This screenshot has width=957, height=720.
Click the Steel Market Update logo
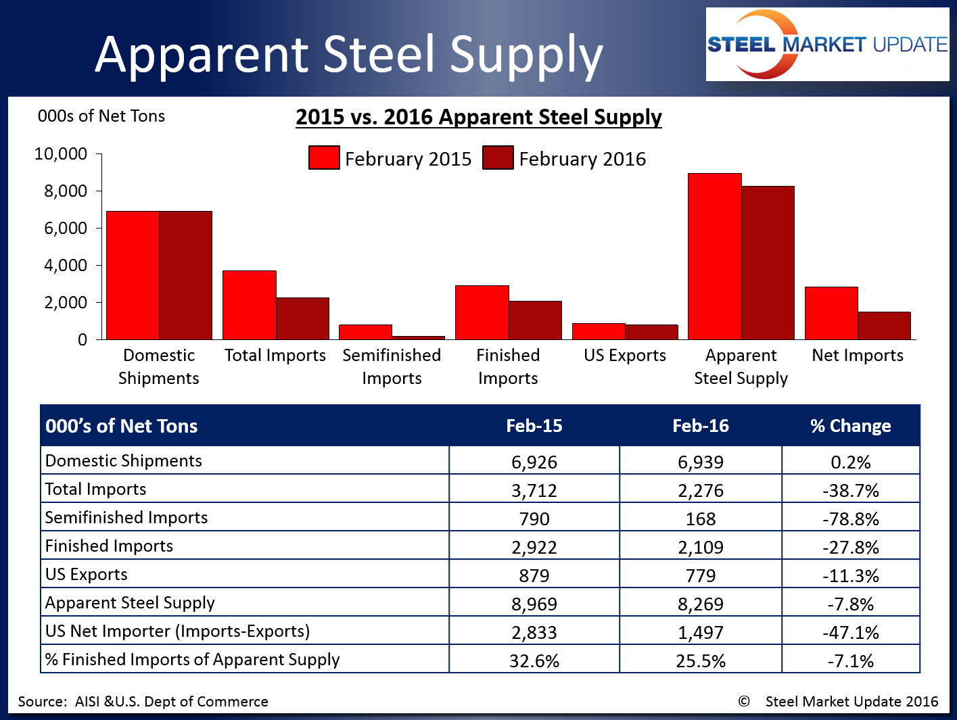tap(826, 45)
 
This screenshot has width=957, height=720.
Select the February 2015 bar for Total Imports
tap(250, 305)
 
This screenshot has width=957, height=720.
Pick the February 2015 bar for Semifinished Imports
tap(365, 332)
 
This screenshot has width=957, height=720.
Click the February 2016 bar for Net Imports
tap(884, 325)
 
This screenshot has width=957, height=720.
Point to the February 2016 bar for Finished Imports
tap(535, 320)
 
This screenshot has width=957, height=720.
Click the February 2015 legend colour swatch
tap(324, 158)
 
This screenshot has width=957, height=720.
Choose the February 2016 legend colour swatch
tap(498, 158)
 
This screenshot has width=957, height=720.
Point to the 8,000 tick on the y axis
tap(99, 191)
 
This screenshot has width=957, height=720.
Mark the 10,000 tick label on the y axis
tap(61, 154)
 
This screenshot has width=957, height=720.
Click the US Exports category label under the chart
tap(625, 356)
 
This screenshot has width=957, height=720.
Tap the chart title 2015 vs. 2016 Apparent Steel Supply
tap(478, 117)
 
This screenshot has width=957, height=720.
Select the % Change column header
tap(850, 426)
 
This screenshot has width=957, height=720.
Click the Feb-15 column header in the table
tap(534, 426)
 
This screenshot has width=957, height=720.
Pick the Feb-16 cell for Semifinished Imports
tap(700, 519)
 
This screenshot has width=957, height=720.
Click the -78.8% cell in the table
tap(850, 519)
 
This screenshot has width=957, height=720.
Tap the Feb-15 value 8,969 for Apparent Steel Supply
tap(534, 604)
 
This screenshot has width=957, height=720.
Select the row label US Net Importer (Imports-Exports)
tap(177, 631)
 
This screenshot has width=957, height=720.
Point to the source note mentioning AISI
tap(143, 702)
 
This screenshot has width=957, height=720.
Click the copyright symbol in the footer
tap(744, 702)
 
